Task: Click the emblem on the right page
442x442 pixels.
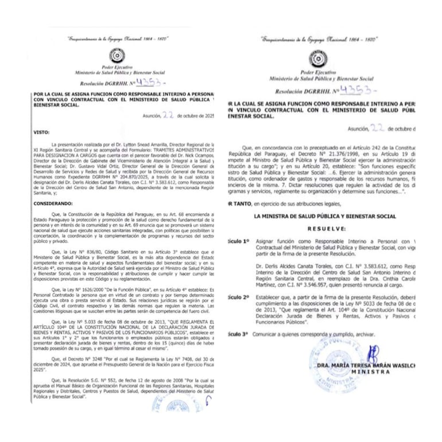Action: point(317,59)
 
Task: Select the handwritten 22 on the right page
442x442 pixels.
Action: point(378,129)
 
